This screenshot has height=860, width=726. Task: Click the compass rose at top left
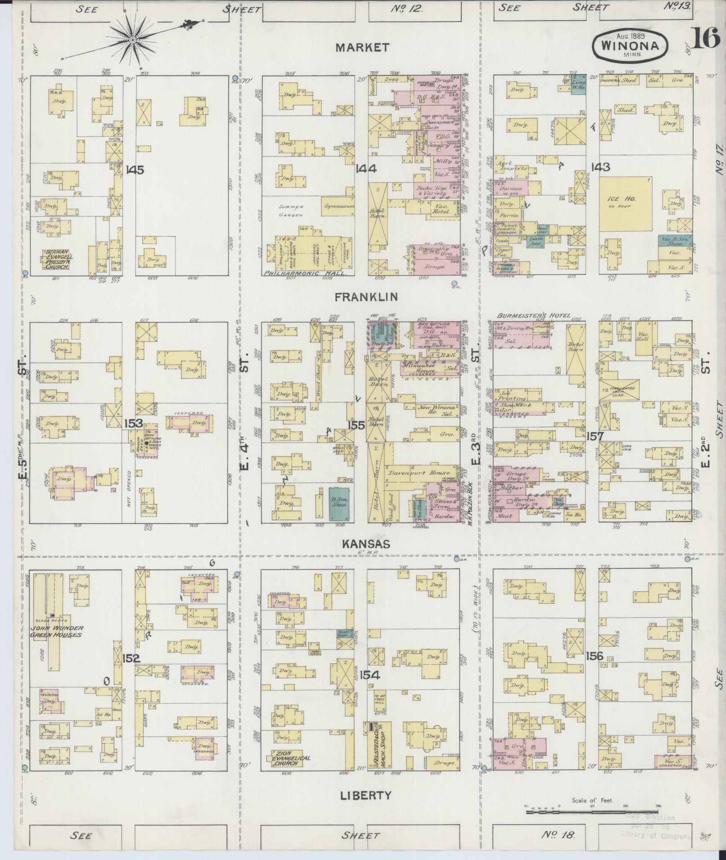coord(133,40)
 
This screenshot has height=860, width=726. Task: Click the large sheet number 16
coord(705,39)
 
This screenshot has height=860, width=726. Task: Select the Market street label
coord(362,48)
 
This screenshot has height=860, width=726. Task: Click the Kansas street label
coord(365,544)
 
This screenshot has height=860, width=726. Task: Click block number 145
coord(135,170)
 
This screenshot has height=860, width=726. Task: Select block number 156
coord(595,656)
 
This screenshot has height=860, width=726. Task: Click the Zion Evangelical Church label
coord(291,760)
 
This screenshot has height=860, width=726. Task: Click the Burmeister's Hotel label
coord(533,316)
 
